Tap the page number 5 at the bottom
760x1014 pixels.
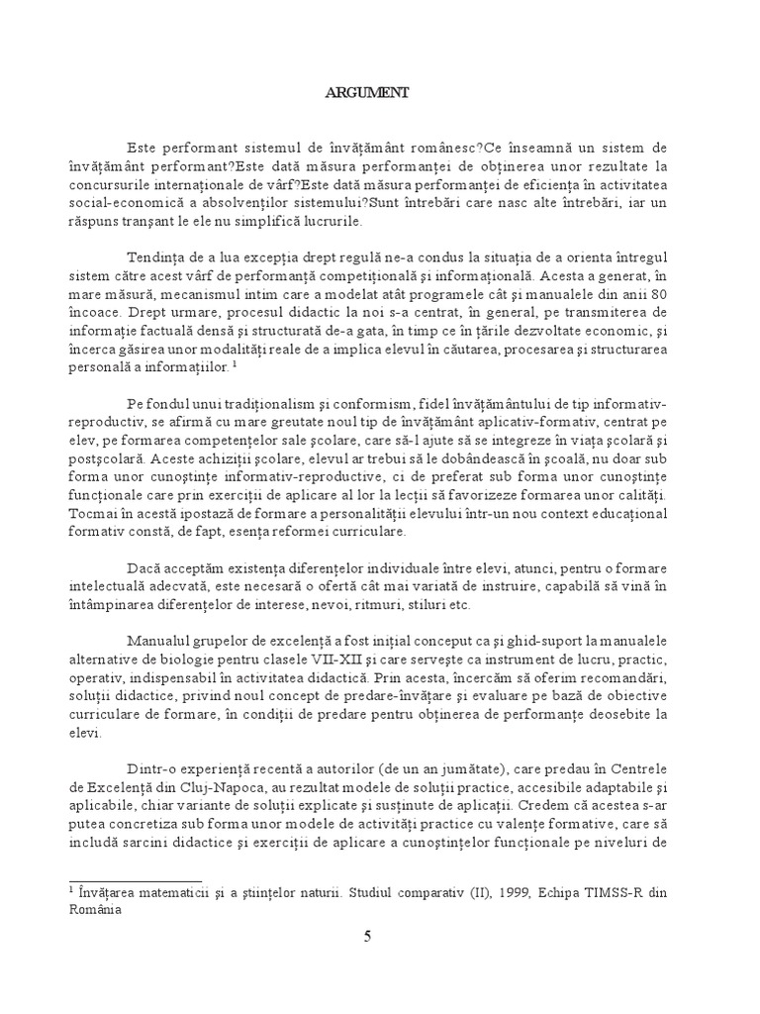pos(367,939)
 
